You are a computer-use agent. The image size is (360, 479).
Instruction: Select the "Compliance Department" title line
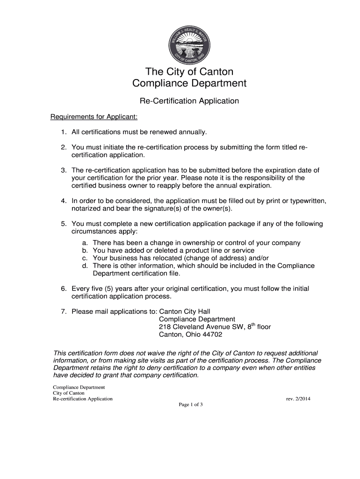pyautogui.click(x=189, y=84)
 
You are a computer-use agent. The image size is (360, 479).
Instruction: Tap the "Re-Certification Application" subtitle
pyautogui.click(x=189, y=101)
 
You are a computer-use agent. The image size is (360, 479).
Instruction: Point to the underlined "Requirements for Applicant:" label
pyautogui.click(x=94, y=116)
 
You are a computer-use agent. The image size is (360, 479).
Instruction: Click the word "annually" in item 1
pyautogui.click(x=192, y=132)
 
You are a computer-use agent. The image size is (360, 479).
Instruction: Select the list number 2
pyautogui.click(x=63, y=148)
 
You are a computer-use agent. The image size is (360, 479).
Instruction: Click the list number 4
pyautogui.click(x=63, y=201)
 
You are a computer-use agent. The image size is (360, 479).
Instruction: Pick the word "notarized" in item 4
pyautogui.click(x=86, y=208)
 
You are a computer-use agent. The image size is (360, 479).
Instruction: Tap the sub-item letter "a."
pyautogui.click(x=85, y=243)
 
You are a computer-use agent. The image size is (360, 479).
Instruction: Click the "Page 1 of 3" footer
pyautogui.click(x=191, y=405)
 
